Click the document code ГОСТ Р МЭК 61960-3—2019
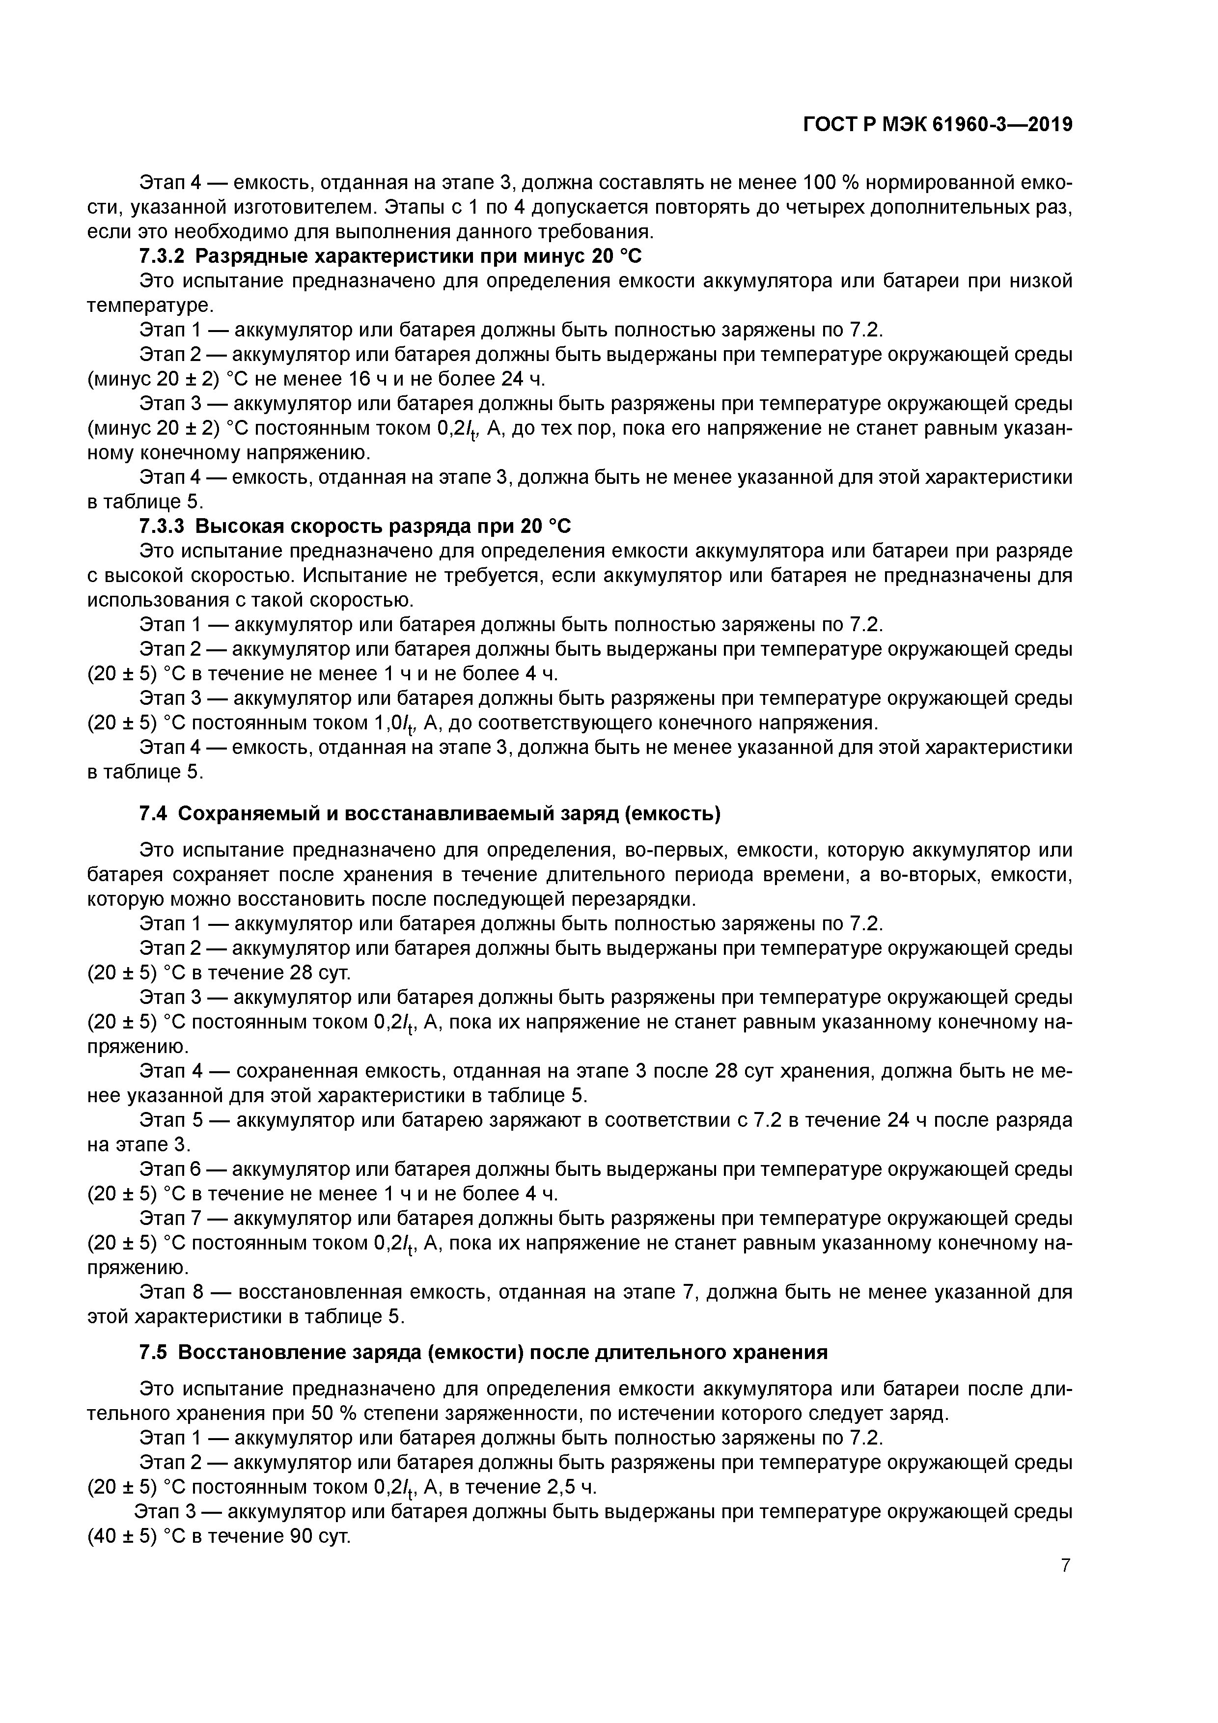point(938,125)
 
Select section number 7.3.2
point(162,257)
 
